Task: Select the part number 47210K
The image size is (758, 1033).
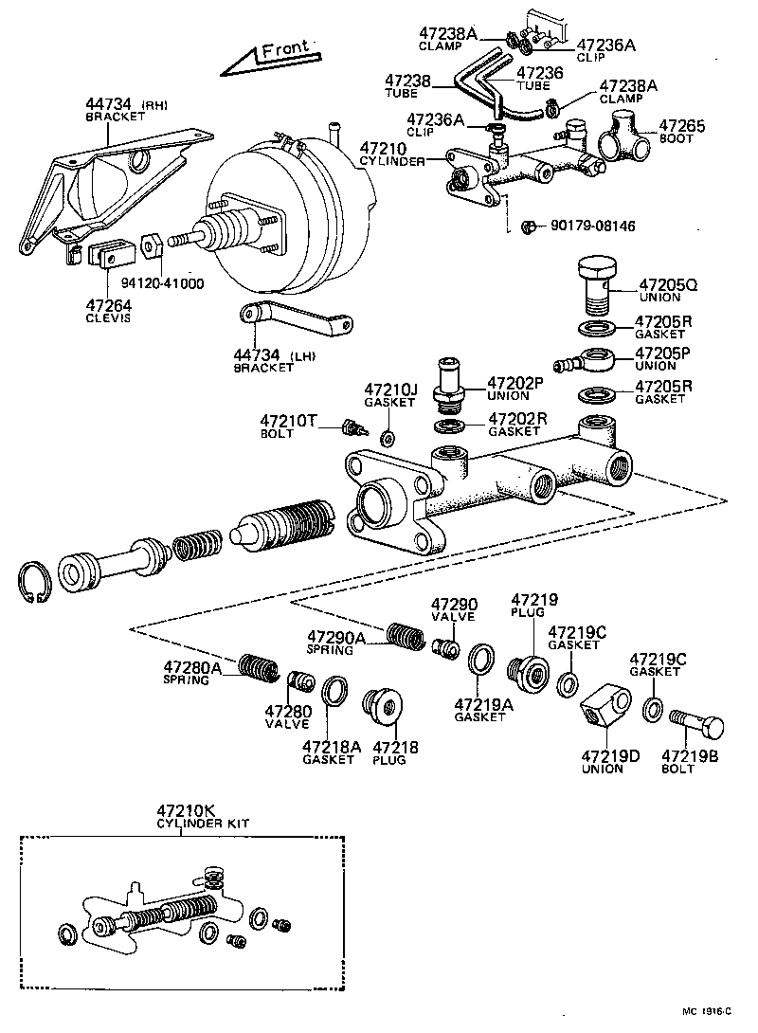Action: click(187, 811)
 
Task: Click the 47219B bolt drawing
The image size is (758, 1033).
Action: click(697, 727)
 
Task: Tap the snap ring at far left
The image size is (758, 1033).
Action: click(33, 580)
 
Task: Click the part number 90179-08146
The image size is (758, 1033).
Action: click(592, 227)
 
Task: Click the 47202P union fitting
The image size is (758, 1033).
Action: click(451, 383)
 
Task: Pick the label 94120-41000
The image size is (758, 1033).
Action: click(162, 283)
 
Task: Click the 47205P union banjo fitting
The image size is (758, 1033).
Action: click(589, 361)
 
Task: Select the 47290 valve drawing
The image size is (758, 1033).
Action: click(442, 648)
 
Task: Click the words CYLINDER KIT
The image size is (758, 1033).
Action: click(202, 825)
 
